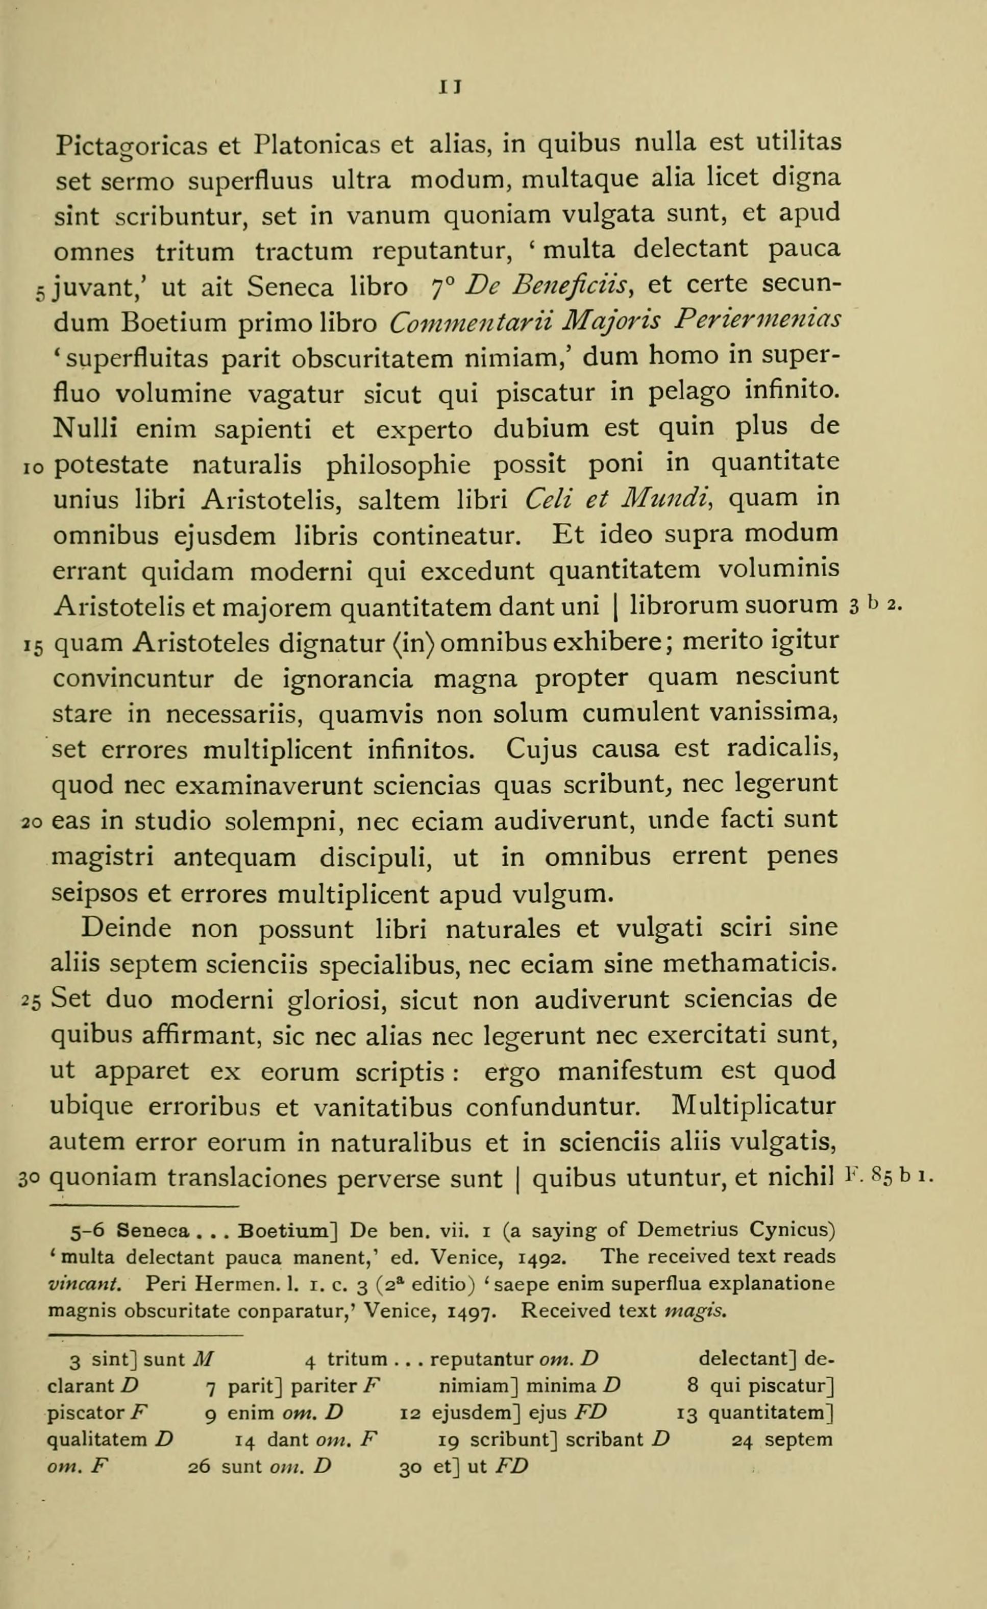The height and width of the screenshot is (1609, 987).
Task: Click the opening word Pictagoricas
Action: click(129, 145)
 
